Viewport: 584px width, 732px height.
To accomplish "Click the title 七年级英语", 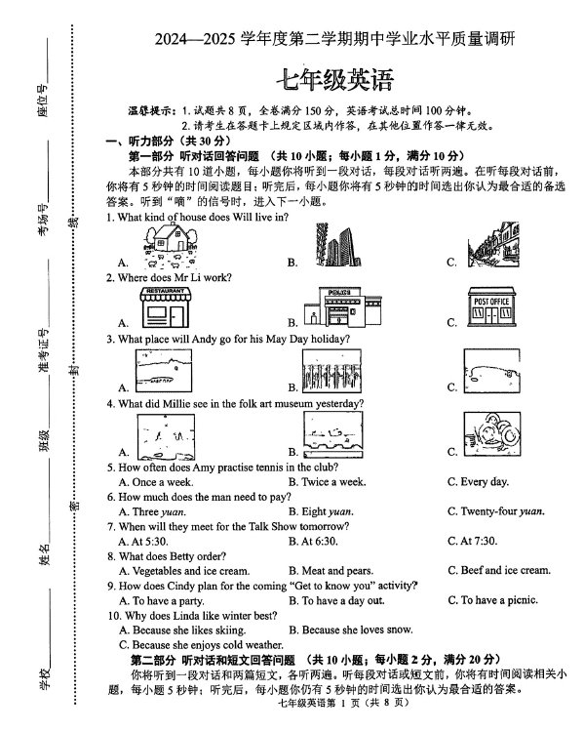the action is pos(335,80).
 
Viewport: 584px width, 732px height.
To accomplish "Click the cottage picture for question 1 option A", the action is pos(171,246).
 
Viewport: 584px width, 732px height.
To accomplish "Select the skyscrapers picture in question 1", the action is pos(336,245).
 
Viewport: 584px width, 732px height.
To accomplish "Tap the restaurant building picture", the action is pos(165,307).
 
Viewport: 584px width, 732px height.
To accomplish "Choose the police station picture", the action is pos(342,306).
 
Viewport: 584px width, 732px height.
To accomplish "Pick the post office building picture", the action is pos(491,307).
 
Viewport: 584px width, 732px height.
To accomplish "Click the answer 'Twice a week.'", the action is pos(327,482).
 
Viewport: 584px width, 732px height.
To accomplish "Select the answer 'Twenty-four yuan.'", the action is pos(496,511).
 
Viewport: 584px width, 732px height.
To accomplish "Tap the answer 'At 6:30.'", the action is pos(313,541).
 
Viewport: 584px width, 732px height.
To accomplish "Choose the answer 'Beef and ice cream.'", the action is pos(499,571).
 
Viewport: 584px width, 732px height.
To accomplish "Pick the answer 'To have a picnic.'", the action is pos(492,600).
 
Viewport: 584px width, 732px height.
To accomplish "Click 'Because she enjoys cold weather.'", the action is pos(201,645).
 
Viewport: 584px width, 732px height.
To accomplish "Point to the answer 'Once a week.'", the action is pos(156,482).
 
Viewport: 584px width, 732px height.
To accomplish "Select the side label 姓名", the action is pos(43,554).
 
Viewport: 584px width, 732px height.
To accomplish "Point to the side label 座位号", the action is pos(43,100).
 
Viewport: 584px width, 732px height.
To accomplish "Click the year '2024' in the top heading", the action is pos(171,39).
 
